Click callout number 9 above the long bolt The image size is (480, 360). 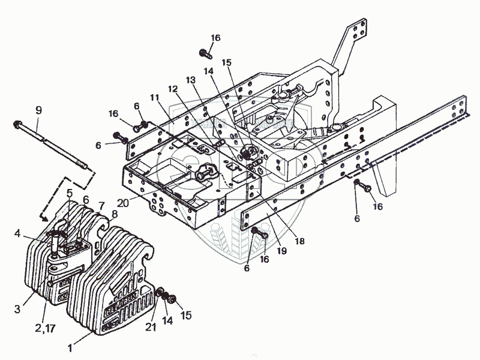click(38, 110)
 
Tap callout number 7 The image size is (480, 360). click(101, 205)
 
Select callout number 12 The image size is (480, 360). click(173, 89)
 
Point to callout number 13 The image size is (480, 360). click(190, 80)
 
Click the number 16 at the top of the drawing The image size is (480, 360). click(215, 38)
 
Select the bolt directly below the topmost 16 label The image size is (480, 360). click(205, 54)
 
